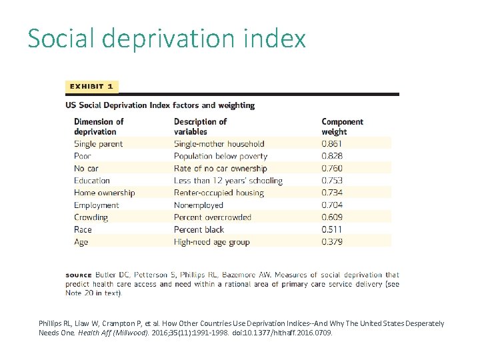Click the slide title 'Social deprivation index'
[x=167, y=39]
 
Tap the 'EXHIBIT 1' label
[x=91, y=87]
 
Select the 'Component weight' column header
[x=342, y=127]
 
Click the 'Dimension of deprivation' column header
[x=99, y=127]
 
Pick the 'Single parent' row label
[x=98, y=144]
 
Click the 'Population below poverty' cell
[x=221, y=156]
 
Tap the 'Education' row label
[x=92, y=181]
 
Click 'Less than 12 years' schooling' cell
[x=228, y=181]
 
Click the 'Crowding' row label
[x=91, y=217]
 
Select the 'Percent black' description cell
[x=199, y=229]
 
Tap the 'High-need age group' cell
[x=212, y=242]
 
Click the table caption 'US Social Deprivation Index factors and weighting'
[x=160, y=105]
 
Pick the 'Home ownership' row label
[x=104, y=193]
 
